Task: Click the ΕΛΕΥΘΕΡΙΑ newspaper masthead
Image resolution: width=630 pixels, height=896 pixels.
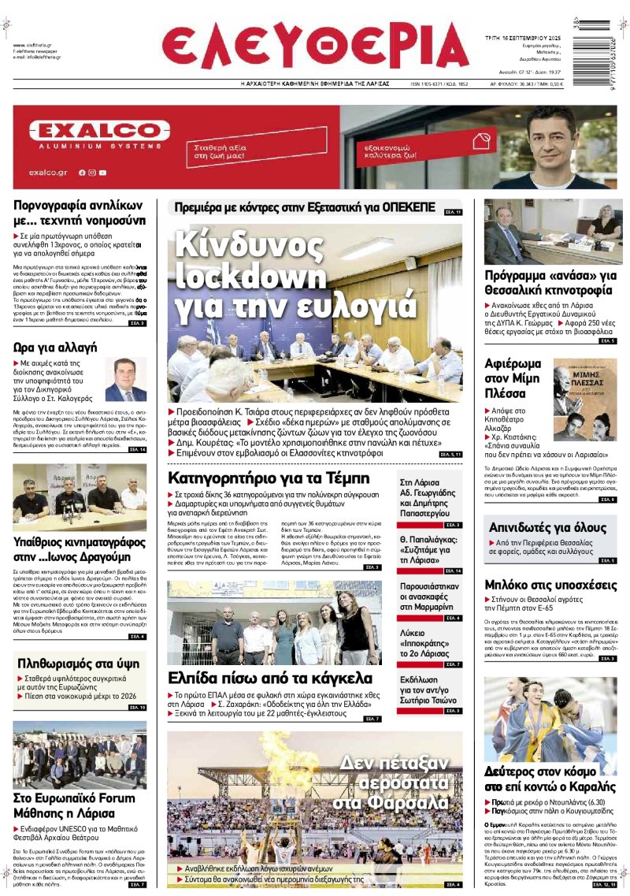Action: coord(315,46)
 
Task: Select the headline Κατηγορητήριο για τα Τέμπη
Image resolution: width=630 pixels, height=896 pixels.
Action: coord(269,478)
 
